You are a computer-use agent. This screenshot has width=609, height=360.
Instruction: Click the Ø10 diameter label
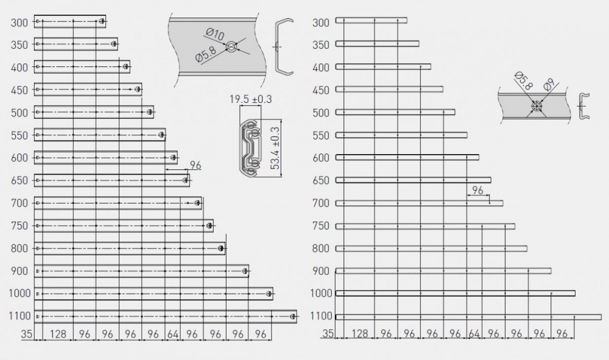pyautogui.click(x=215, y=34)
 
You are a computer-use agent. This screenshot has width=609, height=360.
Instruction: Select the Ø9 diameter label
pyautogui.click(x=549, y=84)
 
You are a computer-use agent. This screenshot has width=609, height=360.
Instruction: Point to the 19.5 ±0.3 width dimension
pyautogui.click(x=250, y=99)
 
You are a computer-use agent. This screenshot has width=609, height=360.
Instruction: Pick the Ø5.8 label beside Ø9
pyautogui.click(x=523, y=81)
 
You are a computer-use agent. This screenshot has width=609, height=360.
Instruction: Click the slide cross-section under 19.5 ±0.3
pyautogui.click(x=250, y=146)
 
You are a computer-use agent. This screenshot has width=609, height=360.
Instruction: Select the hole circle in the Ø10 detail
pyautogui.click(x=231, y=47)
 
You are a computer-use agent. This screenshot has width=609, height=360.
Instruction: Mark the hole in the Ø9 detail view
pyautogui.click(x=537, y=106)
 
